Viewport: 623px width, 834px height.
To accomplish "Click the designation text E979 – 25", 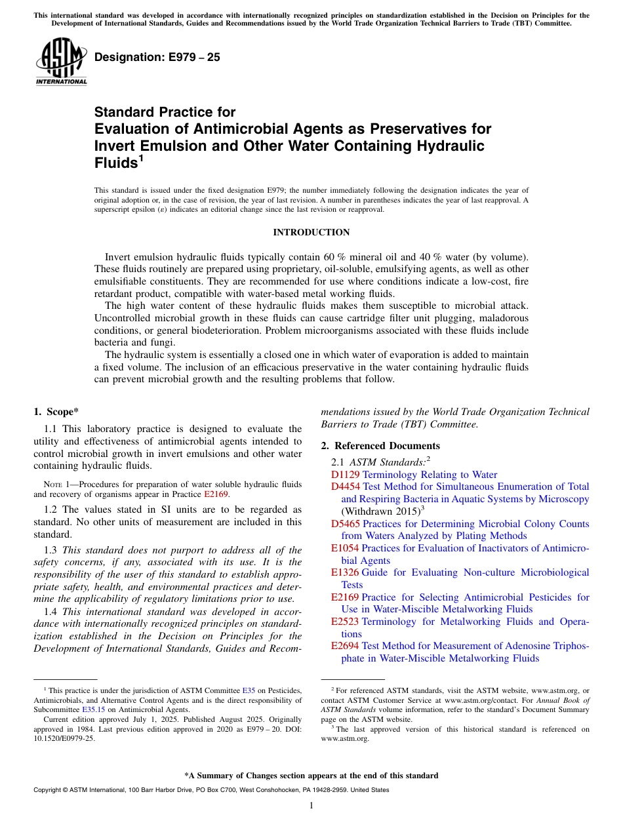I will click(157, 58).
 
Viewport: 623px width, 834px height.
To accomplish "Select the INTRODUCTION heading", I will click(311, 233).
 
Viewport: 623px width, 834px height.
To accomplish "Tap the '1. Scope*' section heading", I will click(56, 412).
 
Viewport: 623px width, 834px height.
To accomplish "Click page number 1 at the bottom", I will click(311, 805).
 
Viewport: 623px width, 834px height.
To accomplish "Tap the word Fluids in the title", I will click(115, 162).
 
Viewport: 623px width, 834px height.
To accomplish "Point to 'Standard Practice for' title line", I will click(165, 112).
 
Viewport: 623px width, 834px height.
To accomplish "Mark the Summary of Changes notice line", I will click(311, 776).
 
